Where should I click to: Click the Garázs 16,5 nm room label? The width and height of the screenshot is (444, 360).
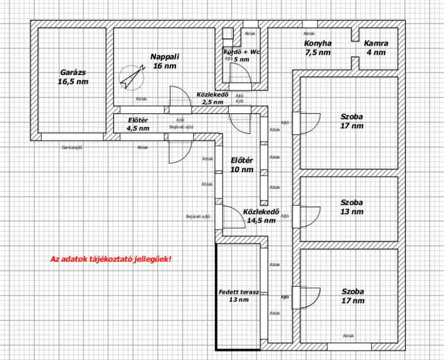tap(73, 77)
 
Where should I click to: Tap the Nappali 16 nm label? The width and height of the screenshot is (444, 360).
tap(165, 61)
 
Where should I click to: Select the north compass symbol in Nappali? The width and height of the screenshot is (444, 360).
tap(132, 77)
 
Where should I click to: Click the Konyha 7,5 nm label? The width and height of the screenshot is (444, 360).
tap(317, 48)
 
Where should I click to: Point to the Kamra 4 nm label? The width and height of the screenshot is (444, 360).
tap(376, 48)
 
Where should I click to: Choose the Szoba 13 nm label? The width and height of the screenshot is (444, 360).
tap(352, 207)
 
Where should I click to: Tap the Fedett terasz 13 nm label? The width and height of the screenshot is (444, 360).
tap(239, 296)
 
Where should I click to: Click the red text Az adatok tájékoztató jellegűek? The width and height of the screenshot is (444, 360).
tap(110, 259)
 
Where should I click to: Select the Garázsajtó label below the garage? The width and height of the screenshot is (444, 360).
tap(72, 147)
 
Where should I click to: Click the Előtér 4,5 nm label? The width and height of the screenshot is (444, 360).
tap(138, 124)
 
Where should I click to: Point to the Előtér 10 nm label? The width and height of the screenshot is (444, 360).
tap(242, 165)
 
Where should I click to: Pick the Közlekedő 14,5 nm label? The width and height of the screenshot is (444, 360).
tap(261, 216)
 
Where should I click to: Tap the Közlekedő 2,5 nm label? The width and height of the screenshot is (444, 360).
tap(213, 98)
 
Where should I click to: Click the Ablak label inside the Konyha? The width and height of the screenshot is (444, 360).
tap(309, 33)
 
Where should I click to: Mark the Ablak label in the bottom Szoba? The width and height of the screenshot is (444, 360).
tap(349, 336)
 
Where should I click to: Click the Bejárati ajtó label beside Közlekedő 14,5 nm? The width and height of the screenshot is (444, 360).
tap(198, 217)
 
